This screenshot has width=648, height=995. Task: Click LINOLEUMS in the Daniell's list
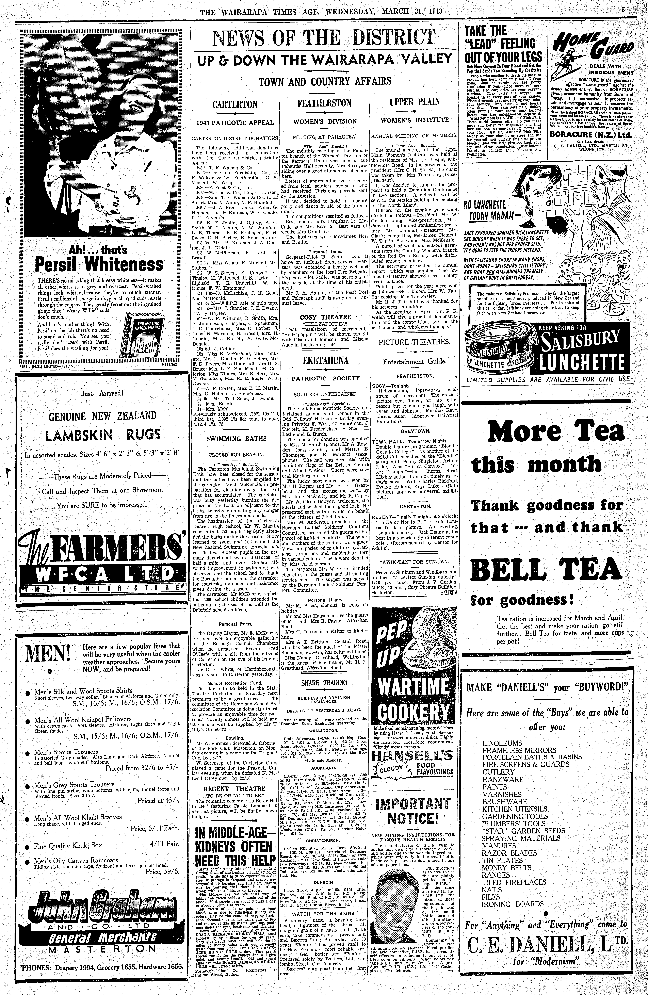point(502,743)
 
